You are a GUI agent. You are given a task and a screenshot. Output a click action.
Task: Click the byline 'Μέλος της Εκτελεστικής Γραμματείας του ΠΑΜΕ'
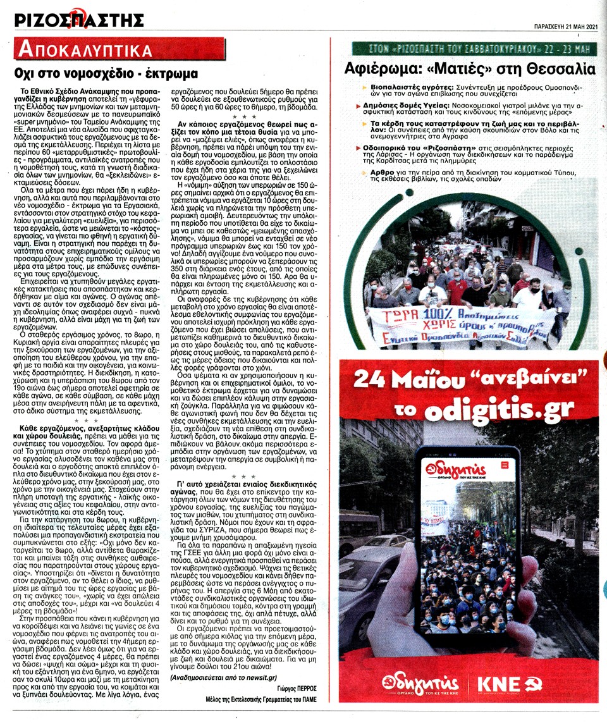260,699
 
